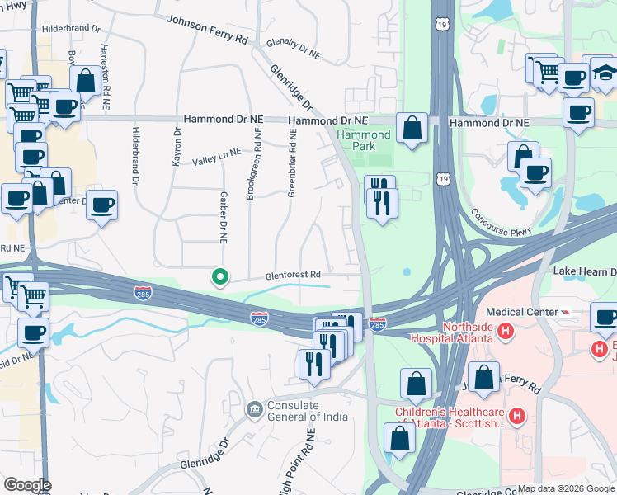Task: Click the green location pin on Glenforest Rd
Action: [219, 278]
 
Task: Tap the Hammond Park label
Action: [363, 141]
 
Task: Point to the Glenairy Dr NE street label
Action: [293, 51]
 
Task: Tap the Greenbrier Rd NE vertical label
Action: [290, 163]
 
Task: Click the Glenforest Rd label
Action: [291, 275]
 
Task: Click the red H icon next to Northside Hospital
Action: [506, 332]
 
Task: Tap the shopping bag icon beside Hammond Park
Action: [412, 128]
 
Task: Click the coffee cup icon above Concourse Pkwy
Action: [536, 173]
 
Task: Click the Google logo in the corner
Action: [26, 485]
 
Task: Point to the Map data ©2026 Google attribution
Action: [566, 488]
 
